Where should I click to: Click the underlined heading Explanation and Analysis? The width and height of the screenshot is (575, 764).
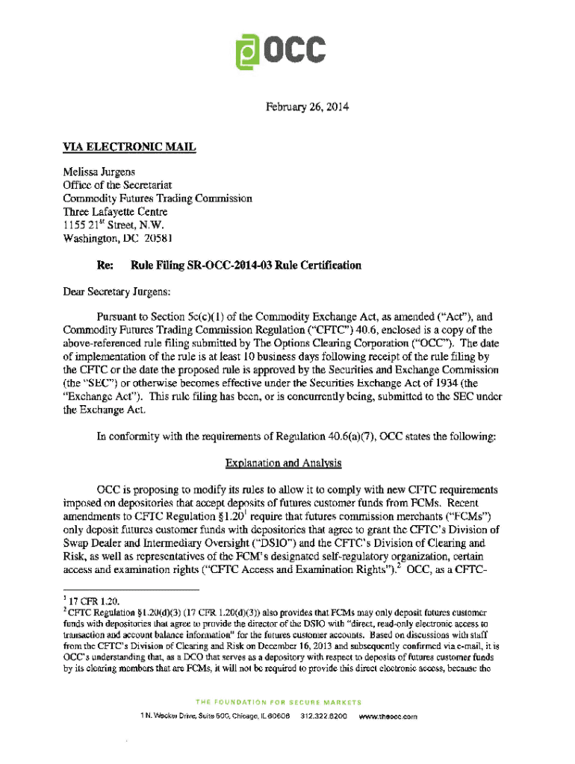pyautogui.click(x=287, y=463)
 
